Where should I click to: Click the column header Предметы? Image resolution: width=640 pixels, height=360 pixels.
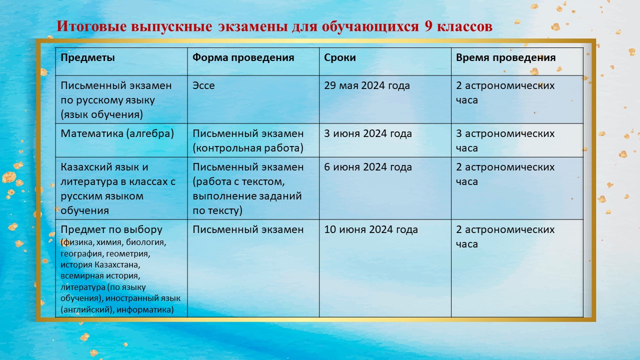click(x=87, y=58)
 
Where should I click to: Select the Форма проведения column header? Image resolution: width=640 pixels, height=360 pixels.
click(x=243, y=58)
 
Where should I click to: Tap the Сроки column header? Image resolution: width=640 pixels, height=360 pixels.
click(x=339, y=58)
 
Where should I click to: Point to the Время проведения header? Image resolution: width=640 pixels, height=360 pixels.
click(x=505, y=58)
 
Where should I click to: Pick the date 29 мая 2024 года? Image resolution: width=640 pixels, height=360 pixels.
click(x=367, y=85)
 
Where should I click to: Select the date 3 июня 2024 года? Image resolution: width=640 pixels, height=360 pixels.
click(x=367, y=133)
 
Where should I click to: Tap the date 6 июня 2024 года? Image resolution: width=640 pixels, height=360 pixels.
click(x=367, y=167)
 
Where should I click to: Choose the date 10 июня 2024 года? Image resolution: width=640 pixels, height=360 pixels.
click(x=371, y=229)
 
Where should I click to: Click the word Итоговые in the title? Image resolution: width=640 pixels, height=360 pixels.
click(x=91, y=26)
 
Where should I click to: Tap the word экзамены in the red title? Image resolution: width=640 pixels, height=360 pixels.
click(x=253, y=27)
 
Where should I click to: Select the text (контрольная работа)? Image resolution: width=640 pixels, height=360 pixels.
click(x=248, y=148)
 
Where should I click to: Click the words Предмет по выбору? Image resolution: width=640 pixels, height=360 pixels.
click(x=111, y=229)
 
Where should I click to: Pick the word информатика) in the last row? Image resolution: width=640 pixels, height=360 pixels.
click(x=145, y=309)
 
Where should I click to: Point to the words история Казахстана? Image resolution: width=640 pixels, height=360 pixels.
click(x=100, y=265)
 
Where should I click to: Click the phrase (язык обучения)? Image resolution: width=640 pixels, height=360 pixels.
click(x=101, y=115)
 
